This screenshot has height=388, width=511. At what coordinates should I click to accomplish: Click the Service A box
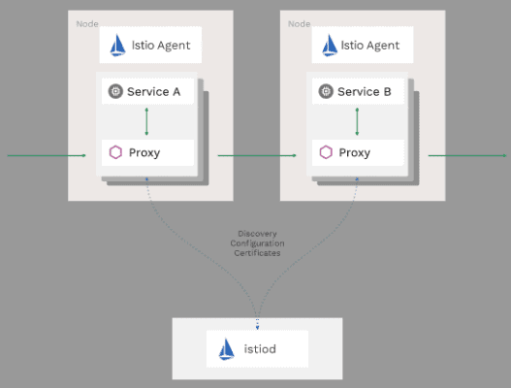[147, 92]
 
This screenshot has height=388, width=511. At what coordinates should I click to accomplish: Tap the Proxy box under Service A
[147, 152]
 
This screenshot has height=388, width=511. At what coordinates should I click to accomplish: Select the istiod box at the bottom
[257, 347]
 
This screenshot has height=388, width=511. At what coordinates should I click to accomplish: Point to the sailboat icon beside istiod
[227, 347]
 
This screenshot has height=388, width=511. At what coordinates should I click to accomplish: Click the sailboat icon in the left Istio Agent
[118, 45]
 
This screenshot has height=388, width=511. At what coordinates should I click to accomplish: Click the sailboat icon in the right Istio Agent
[330, 45]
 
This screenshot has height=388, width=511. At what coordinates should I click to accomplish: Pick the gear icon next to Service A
[115, 92]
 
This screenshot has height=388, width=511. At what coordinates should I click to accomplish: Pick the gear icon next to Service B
[327, 92]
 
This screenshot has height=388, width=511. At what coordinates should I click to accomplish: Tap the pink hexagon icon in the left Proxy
[115, 152]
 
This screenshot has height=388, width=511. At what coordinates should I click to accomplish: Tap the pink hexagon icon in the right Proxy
[327, 152]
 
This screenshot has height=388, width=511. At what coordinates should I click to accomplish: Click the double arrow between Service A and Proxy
[146, 122]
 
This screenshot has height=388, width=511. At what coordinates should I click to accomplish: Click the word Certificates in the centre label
[257, 253]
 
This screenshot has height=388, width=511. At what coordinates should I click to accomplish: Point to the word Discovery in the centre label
[257, 234]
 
